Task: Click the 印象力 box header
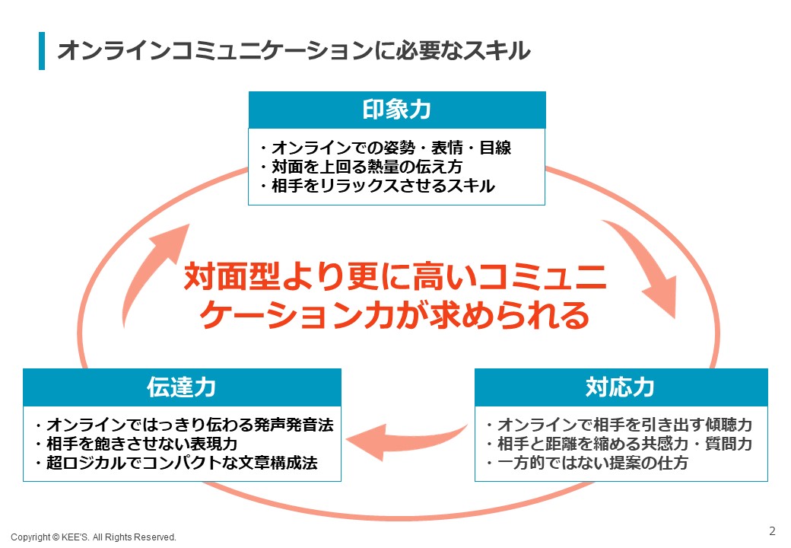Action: tap(397, 110)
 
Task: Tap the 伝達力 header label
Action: tap(182, 387)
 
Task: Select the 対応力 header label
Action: tap(621, 387)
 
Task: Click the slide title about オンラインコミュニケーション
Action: tap(294, 50)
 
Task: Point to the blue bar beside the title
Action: tap(42, 50)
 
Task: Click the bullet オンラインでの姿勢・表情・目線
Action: tap(386, 148)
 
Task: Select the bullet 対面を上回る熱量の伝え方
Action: tap(361, 167)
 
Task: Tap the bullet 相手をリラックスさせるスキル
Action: tap(377, 186)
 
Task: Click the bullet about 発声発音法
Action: tap(184, 425)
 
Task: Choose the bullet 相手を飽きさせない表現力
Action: tap(136, 444)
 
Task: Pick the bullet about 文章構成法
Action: tap(176, 463)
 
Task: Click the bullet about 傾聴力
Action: tap(619, 425)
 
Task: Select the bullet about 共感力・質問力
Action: tap(619, 444)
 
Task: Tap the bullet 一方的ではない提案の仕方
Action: tap(586, 463)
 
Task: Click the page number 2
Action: tap(772, 530)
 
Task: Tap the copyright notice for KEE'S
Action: tap(94, 537)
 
